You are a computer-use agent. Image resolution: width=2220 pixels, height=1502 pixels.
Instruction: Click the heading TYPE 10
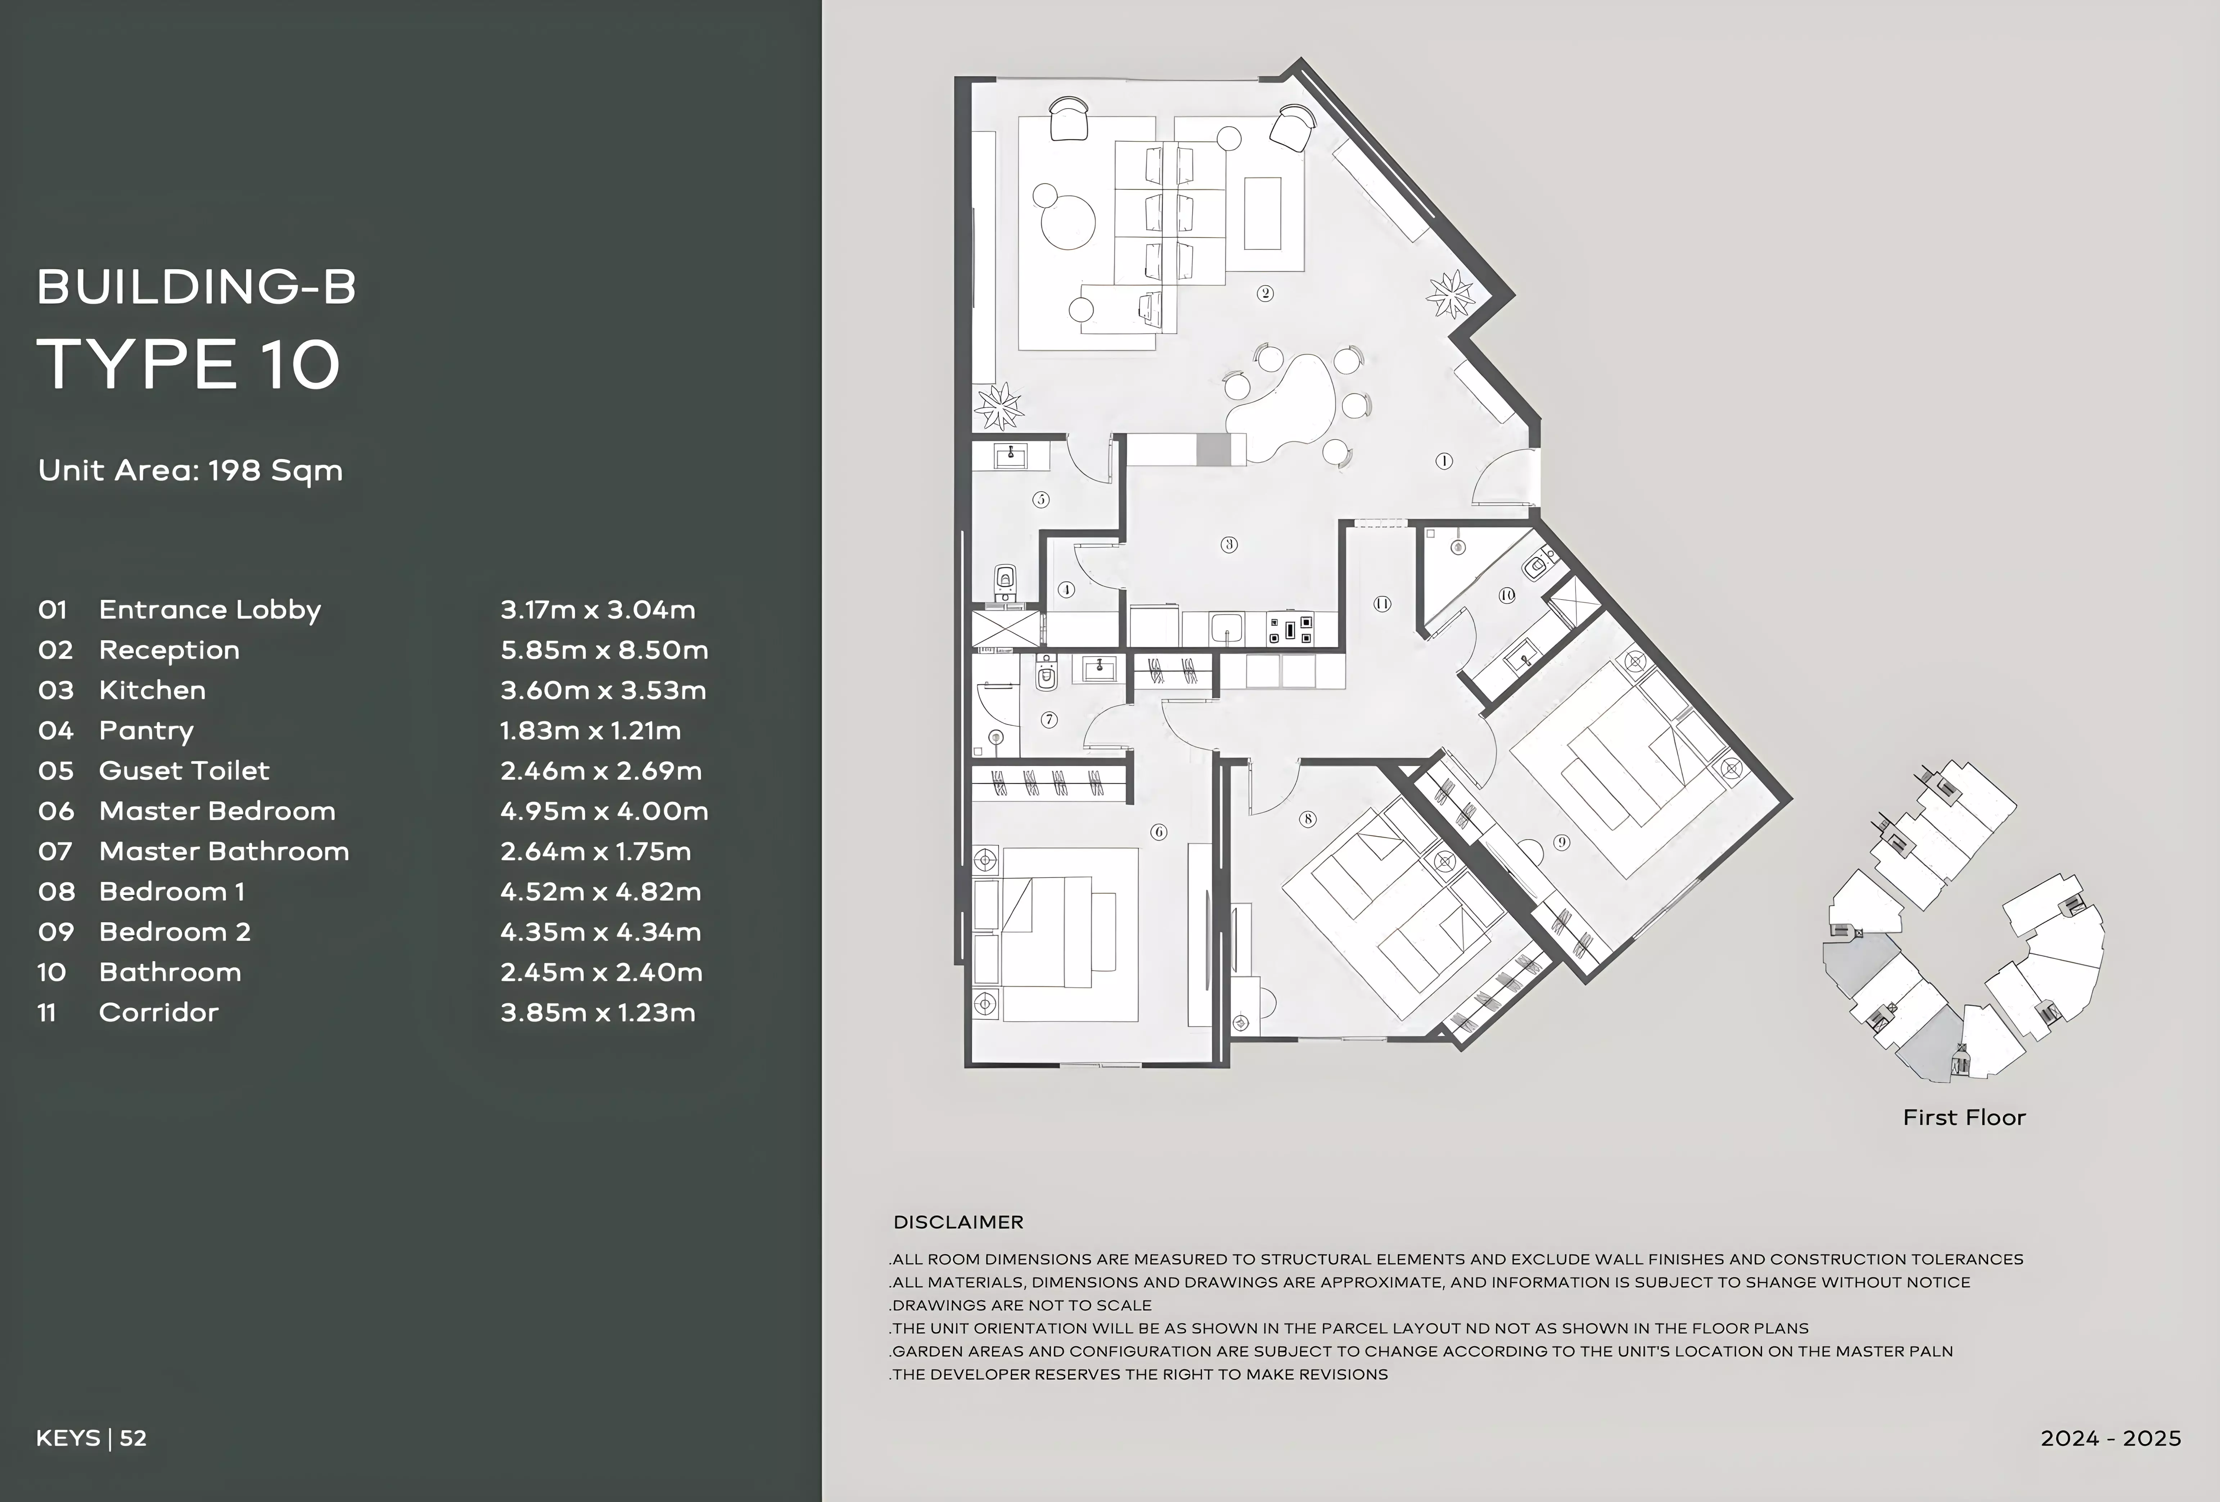188,364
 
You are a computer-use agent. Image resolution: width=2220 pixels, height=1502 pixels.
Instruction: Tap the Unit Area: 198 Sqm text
190,471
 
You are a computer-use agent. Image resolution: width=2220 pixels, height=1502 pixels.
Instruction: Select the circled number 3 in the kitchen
1229,545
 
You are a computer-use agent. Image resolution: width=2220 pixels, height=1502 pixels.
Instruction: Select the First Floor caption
1964,1117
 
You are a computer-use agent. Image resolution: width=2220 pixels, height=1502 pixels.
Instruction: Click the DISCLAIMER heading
958,1222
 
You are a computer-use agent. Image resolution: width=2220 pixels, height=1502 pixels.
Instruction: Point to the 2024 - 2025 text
2111,1438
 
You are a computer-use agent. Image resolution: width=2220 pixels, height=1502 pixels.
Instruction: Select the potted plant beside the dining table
1451,294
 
